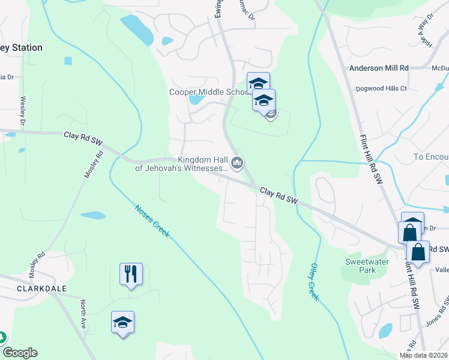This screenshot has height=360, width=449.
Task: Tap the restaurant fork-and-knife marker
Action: [131, 274]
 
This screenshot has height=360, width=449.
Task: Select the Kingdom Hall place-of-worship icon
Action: [238, 163]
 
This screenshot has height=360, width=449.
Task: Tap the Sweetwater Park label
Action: [367, 266]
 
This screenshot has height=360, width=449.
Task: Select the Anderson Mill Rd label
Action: [379, 68]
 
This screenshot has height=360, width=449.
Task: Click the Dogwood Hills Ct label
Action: [381, 88]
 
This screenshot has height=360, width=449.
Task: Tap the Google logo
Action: [19, 353]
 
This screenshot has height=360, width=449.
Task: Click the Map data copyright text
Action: [424, 355]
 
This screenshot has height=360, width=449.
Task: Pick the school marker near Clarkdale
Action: [122, 323]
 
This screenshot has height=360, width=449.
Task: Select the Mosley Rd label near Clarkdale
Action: [41, 263]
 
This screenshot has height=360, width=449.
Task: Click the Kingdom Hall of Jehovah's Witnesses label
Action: [181, 164]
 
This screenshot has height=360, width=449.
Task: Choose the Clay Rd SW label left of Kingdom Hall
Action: [83, 137]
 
